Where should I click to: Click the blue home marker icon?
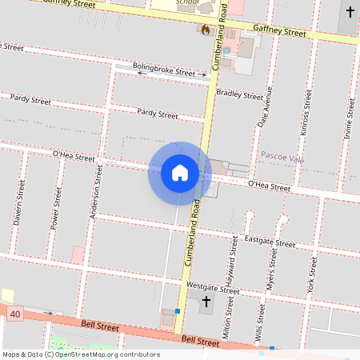point(180,173)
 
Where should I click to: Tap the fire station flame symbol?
point(206,30)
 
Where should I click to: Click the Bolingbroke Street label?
point(164,72)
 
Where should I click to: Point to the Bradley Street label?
point(239,94)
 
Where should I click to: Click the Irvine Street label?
point(349,120)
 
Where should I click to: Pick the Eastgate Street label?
point(270,242)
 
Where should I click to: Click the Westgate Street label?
point(212,286)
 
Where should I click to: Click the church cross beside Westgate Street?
point(206,302)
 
